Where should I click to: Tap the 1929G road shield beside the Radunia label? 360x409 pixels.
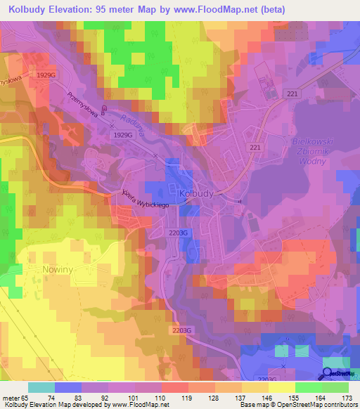[x=123, y=134]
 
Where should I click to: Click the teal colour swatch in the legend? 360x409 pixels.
[x=41, y=387]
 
